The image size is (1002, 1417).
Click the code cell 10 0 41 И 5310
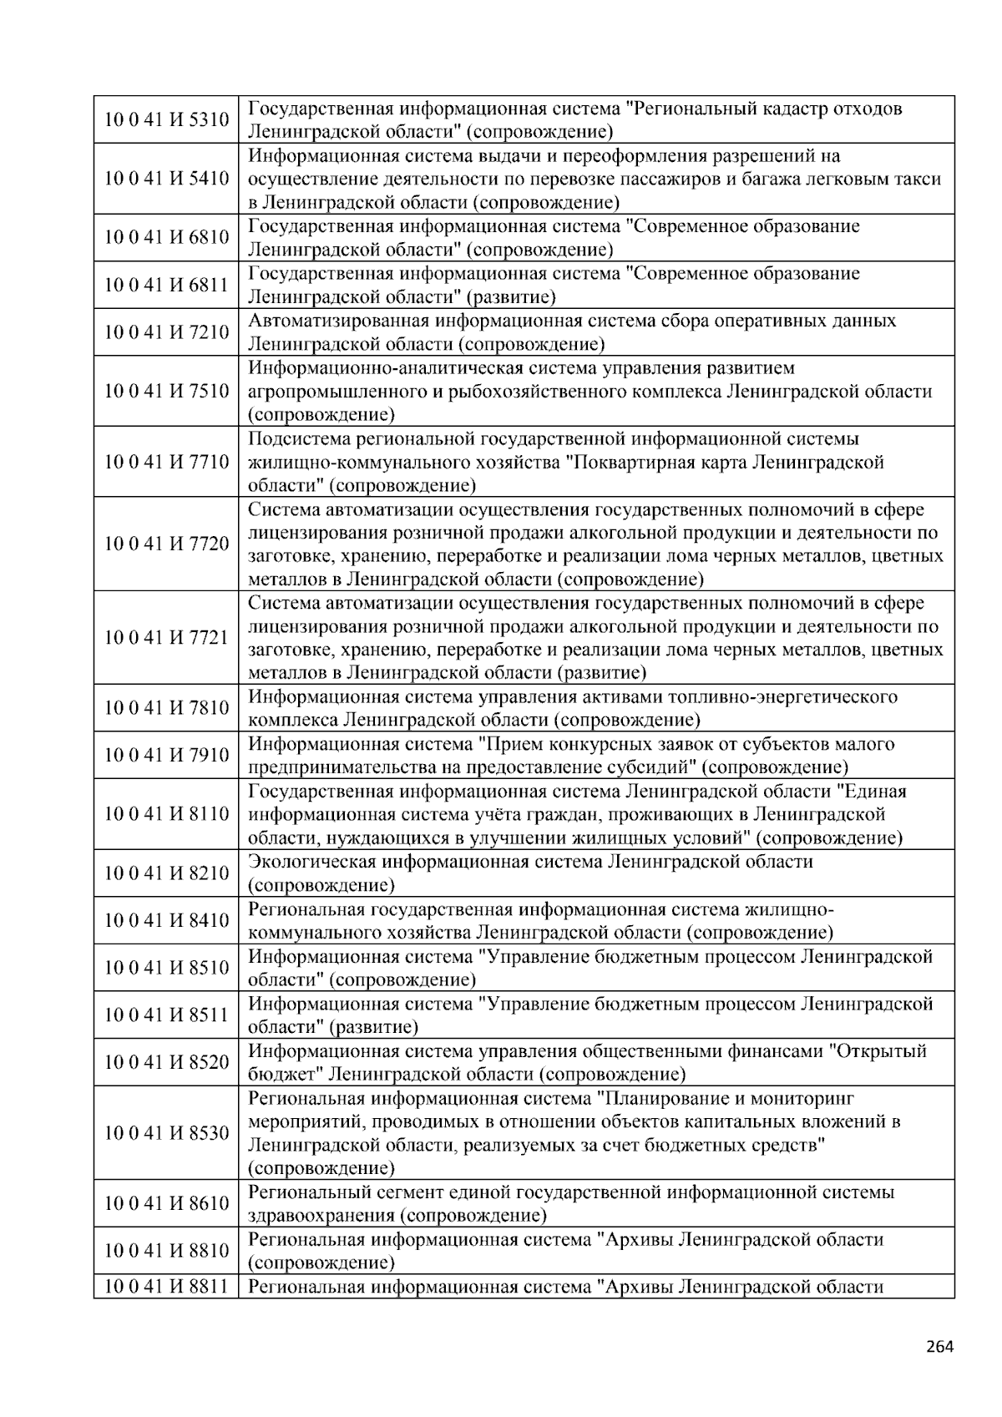tap(166, 120)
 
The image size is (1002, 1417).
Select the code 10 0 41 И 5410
tap(166, 179)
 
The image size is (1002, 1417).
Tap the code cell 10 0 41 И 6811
tap(166, 285)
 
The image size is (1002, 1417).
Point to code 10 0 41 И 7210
tap(166, 332)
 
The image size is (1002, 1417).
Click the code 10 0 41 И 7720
tap(166, 544)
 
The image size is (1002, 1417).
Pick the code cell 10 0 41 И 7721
tap(166, 638)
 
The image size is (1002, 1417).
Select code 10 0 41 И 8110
tap(166, 814)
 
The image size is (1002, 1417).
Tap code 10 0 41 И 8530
tap(166, 1133)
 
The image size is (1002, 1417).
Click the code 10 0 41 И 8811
tap(166, 1287)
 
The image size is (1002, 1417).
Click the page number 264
tap(939, 1346)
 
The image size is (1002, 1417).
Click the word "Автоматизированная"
tap(337, 321)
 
